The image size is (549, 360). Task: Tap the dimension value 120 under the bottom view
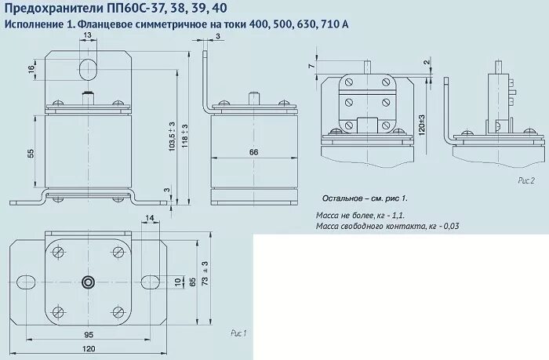(90, 348)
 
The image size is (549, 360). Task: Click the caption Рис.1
(238, 333)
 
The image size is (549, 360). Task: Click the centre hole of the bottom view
(88, 282)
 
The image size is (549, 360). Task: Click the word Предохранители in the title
(49, 9)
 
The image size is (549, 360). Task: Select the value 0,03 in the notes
(449, 226)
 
